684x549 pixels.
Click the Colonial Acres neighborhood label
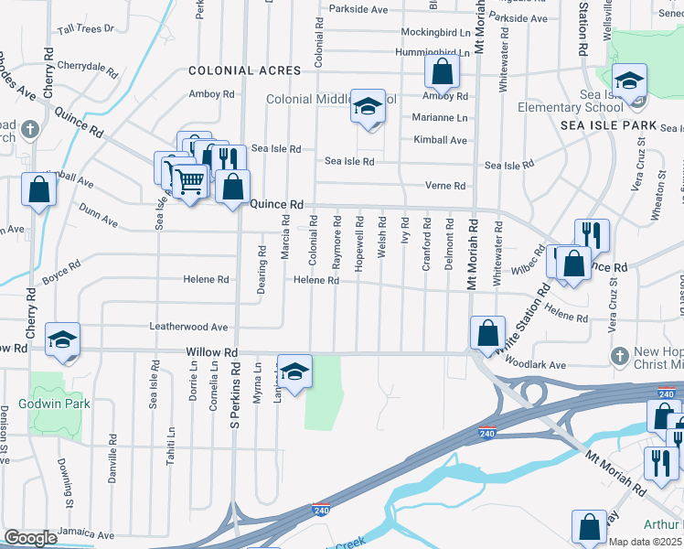point(244,70)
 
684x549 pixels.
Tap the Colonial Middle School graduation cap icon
point(368,108)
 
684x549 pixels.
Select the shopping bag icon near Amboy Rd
point(441,72)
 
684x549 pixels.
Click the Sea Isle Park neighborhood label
point(609,124)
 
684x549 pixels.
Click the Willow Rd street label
point(211,351)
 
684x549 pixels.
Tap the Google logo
point(30,538)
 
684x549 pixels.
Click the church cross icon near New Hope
point(620,354)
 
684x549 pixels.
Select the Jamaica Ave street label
point(86,533)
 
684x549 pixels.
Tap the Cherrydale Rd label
point(88,67)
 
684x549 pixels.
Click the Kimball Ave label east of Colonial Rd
point(440,140)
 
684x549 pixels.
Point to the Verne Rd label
point(445,186)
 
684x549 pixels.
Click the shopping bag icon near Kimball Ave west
point(38,189)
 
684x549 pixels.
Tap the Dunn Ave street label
point(98,221)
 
